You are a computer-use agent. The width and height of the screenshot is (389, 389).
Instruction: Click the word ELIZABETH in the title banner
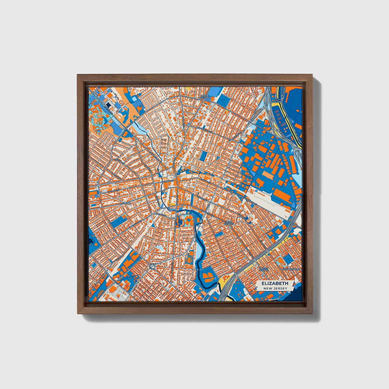click(x=275, y=283)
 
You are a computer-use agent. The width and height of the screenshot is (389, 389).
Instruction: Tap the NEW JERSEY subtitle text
click(x=275, y=288)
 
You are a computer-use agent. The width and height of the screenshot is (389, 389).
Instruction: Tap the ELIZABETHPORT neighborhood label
click(x=290, y=269)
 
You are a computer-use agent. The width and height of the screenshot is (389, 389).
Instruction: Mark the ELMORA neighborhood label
click(x=126, y=204)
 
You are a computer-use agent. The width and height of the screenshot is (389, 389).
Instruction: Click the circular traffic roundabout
click(x=152, y=267)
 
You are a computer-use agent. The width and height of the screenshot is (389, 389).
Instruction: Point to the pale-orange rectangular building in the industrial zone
click(x=268, y=175)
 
